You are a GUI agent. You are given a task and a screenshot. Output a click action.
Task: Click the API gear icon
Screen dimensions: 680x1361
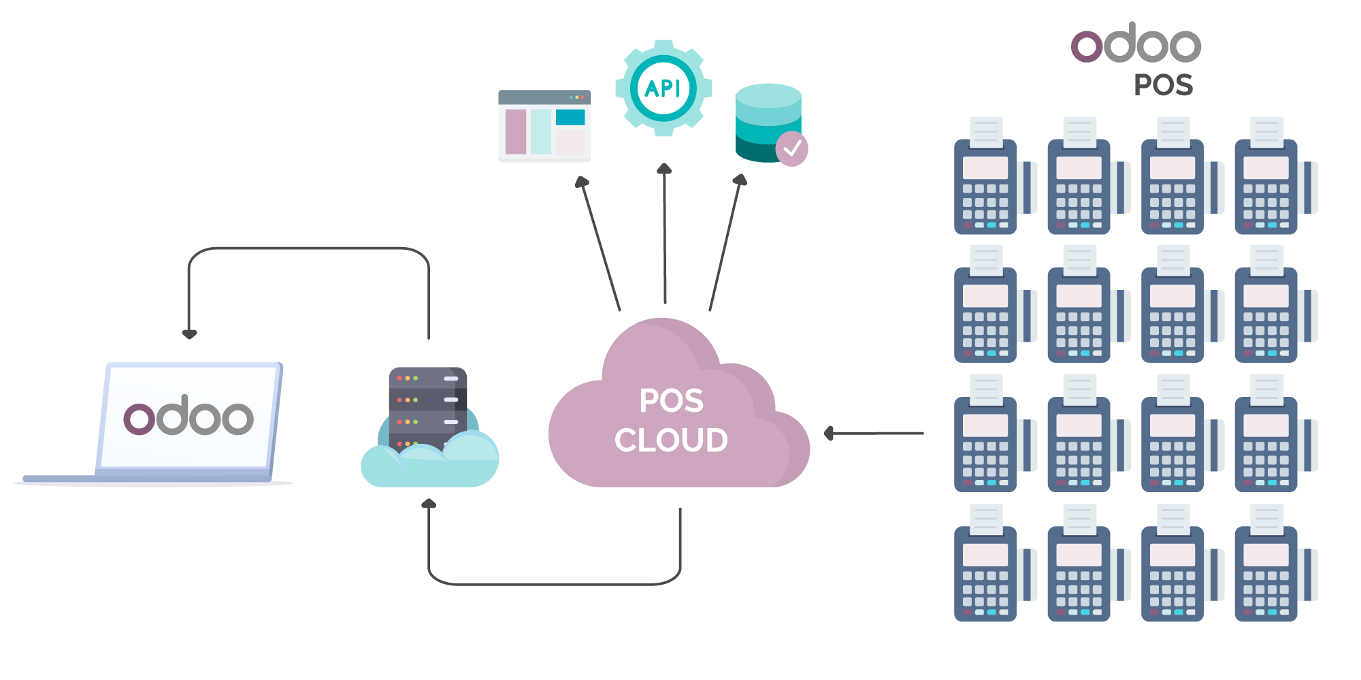click(x=663, y=88)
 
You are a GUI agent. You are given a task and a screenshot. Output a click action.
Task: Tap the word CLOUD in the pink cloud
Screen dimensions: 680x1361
click(x=671, y=440)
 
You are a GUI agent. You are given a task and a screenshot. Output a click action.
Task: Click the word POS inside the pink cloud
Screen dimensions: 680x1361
click(x=671, y=401)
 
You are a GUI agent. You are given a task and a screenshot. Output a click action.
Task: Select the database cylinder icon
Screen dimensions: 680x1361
click(x=768, y=123)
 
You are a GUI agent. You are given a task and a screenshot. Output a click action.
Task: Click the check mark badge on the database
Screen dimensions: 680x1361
click(x=791, y=148)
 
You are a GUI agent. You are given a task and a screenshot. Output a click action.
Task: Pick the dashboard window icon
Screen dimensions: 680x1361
click(x=544, y=127)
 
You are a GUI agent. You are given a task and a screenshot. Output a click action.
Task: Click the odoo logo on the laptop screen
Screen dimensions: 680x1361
click(x=188, y=417)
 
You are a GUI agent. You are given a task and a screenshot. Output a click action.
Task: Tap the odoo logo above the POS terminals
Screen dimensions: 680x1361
click(x=1136, y=45)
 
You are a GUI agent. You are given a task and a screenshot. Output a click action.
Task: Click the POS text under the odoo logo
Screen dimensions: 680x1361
click(x=1163, y=86)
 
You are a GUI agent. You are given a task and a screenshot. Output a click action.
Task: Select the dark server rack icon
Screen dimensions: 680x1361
click(x=427, y=406)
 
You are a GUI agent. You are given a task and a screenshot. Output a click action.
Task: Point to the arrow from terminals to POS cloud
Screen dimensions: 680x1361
click(x=874, y=433)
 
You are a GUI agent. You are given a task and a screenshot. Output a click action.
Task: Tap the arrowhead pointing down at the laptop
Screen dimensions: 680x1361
click(x=189, y=334)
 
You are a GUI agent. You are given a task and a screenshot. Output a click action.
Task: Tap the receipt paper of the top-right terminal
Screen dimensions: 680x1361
click(x=1266, y=132)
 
